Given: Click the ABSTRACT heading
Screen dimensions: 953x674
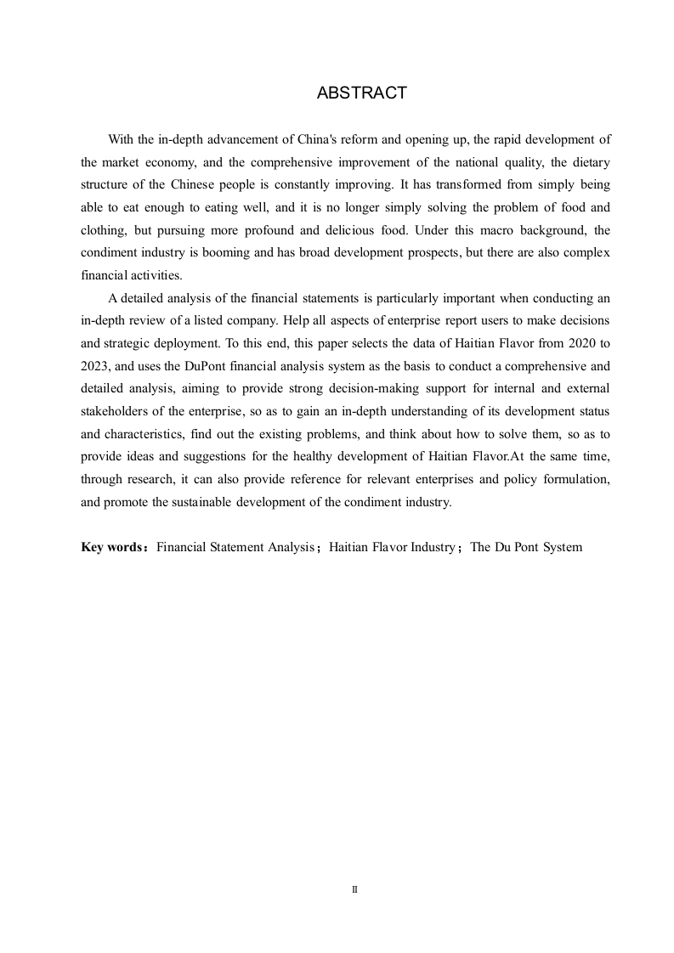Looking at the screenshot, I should pos(361,93).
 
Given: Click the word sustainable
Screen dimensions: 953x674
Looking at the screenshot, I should pos(209,501).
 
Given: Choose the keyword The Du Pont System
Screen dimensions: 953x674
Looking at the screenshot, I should pos(526,547).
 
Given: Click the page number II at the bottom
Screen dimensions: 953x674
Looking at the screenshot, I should pos(354,889).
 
